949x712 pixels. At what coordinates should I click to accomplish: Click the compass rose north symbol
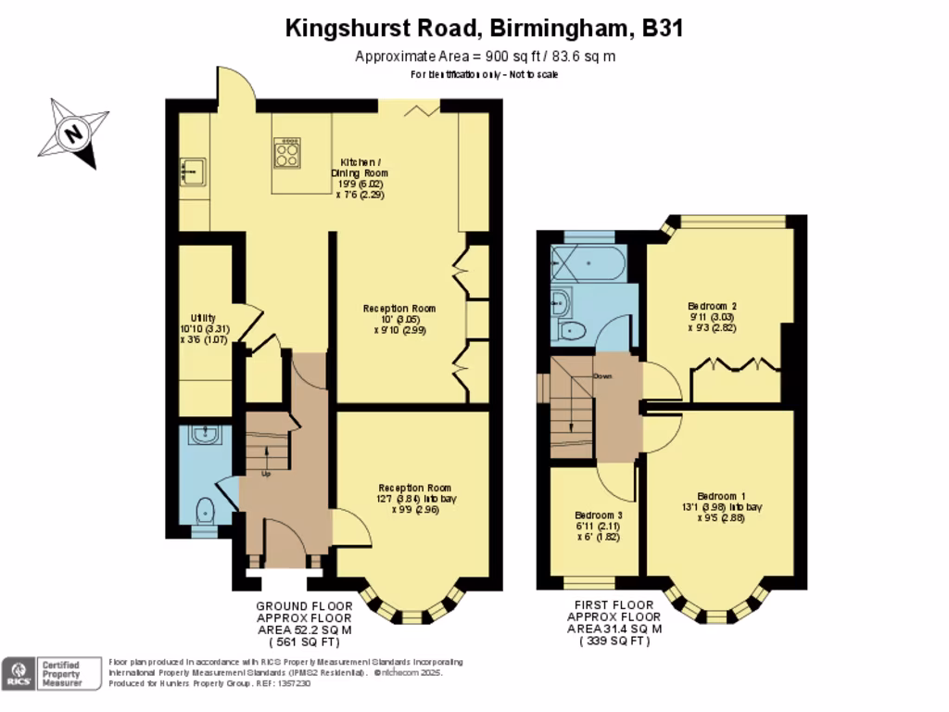point(73,133)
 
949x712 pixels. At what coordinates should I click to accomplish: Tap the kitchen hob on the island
point(287,153)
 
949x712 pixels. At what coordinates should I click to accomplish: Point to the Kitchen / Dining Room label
point(360,172)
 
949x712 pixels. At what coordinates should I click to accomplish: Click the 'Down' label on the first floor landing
point(602,376)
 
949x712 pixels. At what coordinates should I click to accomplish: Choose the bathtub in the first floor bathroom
point(588,265)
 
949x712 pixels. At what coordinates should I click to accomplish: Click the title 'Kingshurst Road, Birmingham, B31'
point(484,29)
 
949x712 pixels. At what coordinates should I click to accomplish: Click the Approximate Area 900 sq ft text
point(486,57)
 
